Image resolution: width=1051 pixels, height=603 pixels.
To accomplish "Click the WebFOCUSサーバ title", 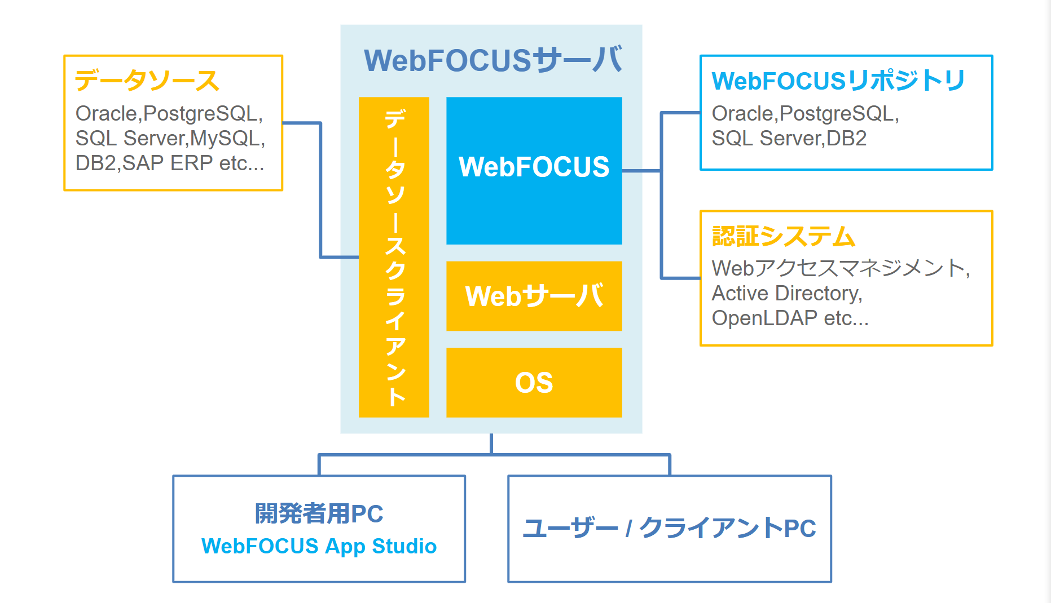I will point(492,60).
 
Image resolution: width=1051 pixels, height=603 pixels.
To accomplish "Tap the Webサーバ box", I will point(534,296).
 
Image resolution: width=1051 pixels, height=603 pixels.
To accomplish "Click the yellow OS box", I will point(534,383).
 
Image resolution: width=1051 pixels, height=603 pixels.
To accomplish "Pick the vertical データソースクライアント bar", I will point(394,257).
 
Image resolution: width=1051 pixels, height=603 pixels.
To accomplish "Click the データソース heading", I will point(147,81).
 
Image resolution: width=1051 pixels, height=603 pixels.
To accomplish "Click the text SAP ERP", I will point(167,163).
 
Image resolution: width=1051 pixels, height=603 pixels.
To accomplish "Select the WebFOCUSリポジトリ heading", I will point(838,81).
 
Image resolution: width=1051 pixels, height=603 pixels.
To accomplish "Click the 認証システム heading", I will point(784,236).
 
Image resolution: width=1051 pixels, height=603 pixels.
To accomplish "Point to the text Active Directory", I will point(786,294).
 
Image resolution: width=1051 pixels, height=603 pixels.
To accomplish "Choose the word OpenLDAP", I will point(764,318).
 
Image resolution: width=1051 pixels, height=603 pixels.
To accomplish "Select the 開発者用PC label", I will point(319,513).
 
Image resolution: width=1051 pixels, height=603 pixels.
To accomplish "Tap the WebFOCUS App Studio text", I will point(319,546).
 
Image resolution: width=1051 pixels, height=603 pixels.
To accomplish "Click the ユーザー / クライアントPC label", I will point(669,528).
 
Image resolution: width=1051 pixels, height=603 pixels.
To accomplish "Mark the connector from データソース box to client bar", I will point(320,192).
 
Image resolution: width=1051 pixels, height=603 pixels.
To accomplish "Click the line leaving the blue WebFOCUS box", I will point(641,170).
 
